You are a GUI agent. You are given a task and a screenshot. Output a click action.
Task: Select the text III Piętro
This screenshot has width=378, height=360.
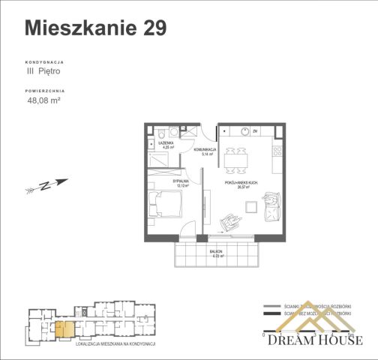(x=43, y=71)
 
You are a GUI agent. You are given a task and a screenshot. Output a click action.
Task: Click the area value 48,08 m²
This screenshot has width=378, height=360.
(x=43, y=99)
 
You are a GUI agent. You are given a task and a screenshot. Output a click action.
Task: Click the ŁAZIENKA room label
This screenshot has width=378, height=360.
(x=166, y=145)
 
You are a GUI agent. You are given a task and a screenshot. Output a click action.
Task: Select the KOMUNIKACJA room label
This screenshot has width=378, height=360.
(x=204, y=151)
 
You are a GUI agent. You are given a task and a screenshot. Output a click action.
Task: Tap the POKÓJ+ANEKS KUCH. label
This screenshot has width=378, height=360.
(x=241, y=183)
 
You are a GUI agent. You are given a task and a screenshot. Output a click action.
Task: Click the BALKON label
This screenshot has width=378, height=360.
(x=217, y=253)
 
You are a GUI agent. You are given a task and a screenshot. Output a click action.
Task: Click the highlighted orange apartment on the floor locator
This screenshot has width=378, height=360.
(x=64, y=328)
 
